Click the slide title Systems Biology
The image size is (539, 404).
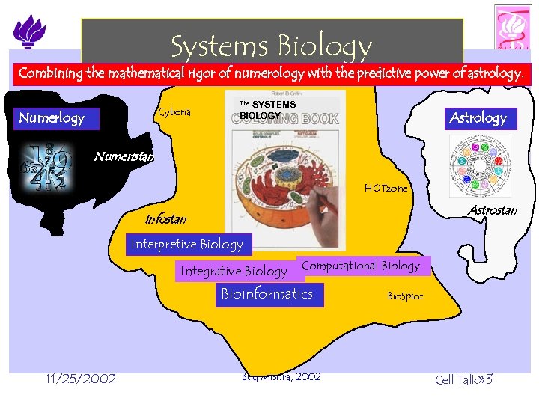coord(271,46)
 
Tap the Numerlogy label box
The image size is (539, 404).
coord(52,118)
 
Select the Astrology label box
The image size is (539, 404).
coord(478,117)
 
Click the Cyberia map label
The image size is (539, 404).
coord(174,112)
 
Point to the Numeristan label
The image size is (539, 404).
coord(124,156)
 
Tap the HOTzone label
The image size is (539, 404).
coord(386,189)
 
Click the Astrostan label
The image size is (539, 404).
coord(492,210)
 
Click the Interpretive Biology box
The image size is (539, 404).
coord(187,244)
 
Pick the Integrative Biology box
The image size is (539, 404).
coord(233,271)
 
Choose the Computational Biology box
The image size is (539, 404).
coord(361,266)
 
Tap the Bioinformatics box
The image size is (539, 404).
coord(267,294)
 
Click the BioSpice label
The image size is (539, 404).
coord(405,296)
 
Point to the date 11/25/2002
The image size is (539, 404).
coord(80,379)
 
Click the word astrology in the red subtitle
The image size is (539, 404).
coord(489,74)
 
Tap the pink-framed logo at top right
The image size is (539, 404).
coord(513,28)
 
